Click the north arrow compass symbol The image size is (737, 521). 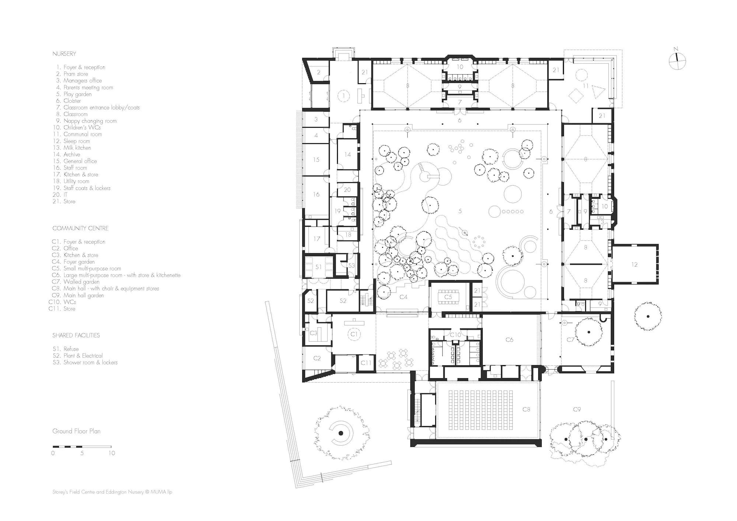click(677, 61)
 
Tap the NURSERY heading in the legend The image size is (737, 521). click(64, 54)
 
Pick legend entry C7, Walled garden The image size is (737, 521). click(76, 282)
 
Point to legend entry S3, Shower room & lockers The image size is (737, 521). click(85, 362)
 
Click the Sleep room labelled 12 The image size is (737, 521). click(634, 264)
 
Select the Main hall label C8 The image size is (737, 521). click(526, 409)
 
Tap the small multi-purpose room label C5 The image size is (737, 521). click(448, 297)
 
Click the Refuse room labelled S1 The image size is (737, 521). click(318, 267)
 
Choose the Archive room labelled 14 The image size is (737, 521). click(347, 154)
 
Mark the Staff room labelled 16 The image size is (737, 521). click(316, 194)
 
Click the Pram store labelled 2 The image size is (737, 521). click(318, 73)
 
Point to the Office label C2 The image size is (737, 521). click(317, 358)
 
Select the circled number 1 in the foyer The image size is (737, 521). click(343, 96)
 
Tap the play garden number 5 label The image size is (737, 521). click(460, 211)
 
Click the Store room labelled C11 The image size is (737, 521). click(366, 363)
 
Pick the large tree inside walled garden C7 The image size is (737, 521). click(588, 332)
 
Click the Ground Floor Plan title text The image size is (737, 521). click(76, 431)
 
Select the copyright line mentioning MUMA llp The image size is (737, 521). click(112, 492)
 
